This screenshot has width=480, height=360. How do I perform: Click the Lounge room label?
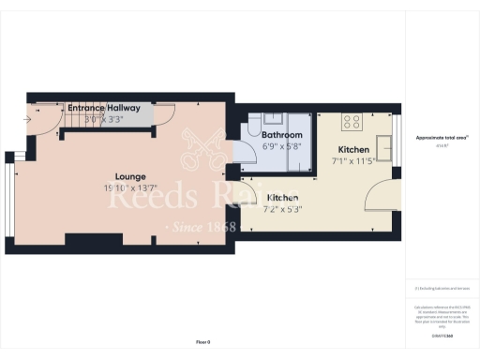click(x=130, y=175)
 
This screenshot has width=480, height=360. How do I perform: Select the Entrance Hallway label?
click(x=104, y=108)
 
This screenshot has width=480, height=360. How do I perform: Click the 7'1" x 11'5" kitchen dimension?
click(x=353, y=161)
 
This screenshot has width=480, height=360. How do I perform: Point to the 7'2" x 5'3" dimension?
click(x=283, y=210)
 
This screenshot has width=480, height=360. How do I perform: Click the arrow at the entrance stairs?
click(x=28, y=119)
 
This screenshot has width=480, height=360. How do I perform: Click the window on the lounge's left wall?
click(x=10, y=198)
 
